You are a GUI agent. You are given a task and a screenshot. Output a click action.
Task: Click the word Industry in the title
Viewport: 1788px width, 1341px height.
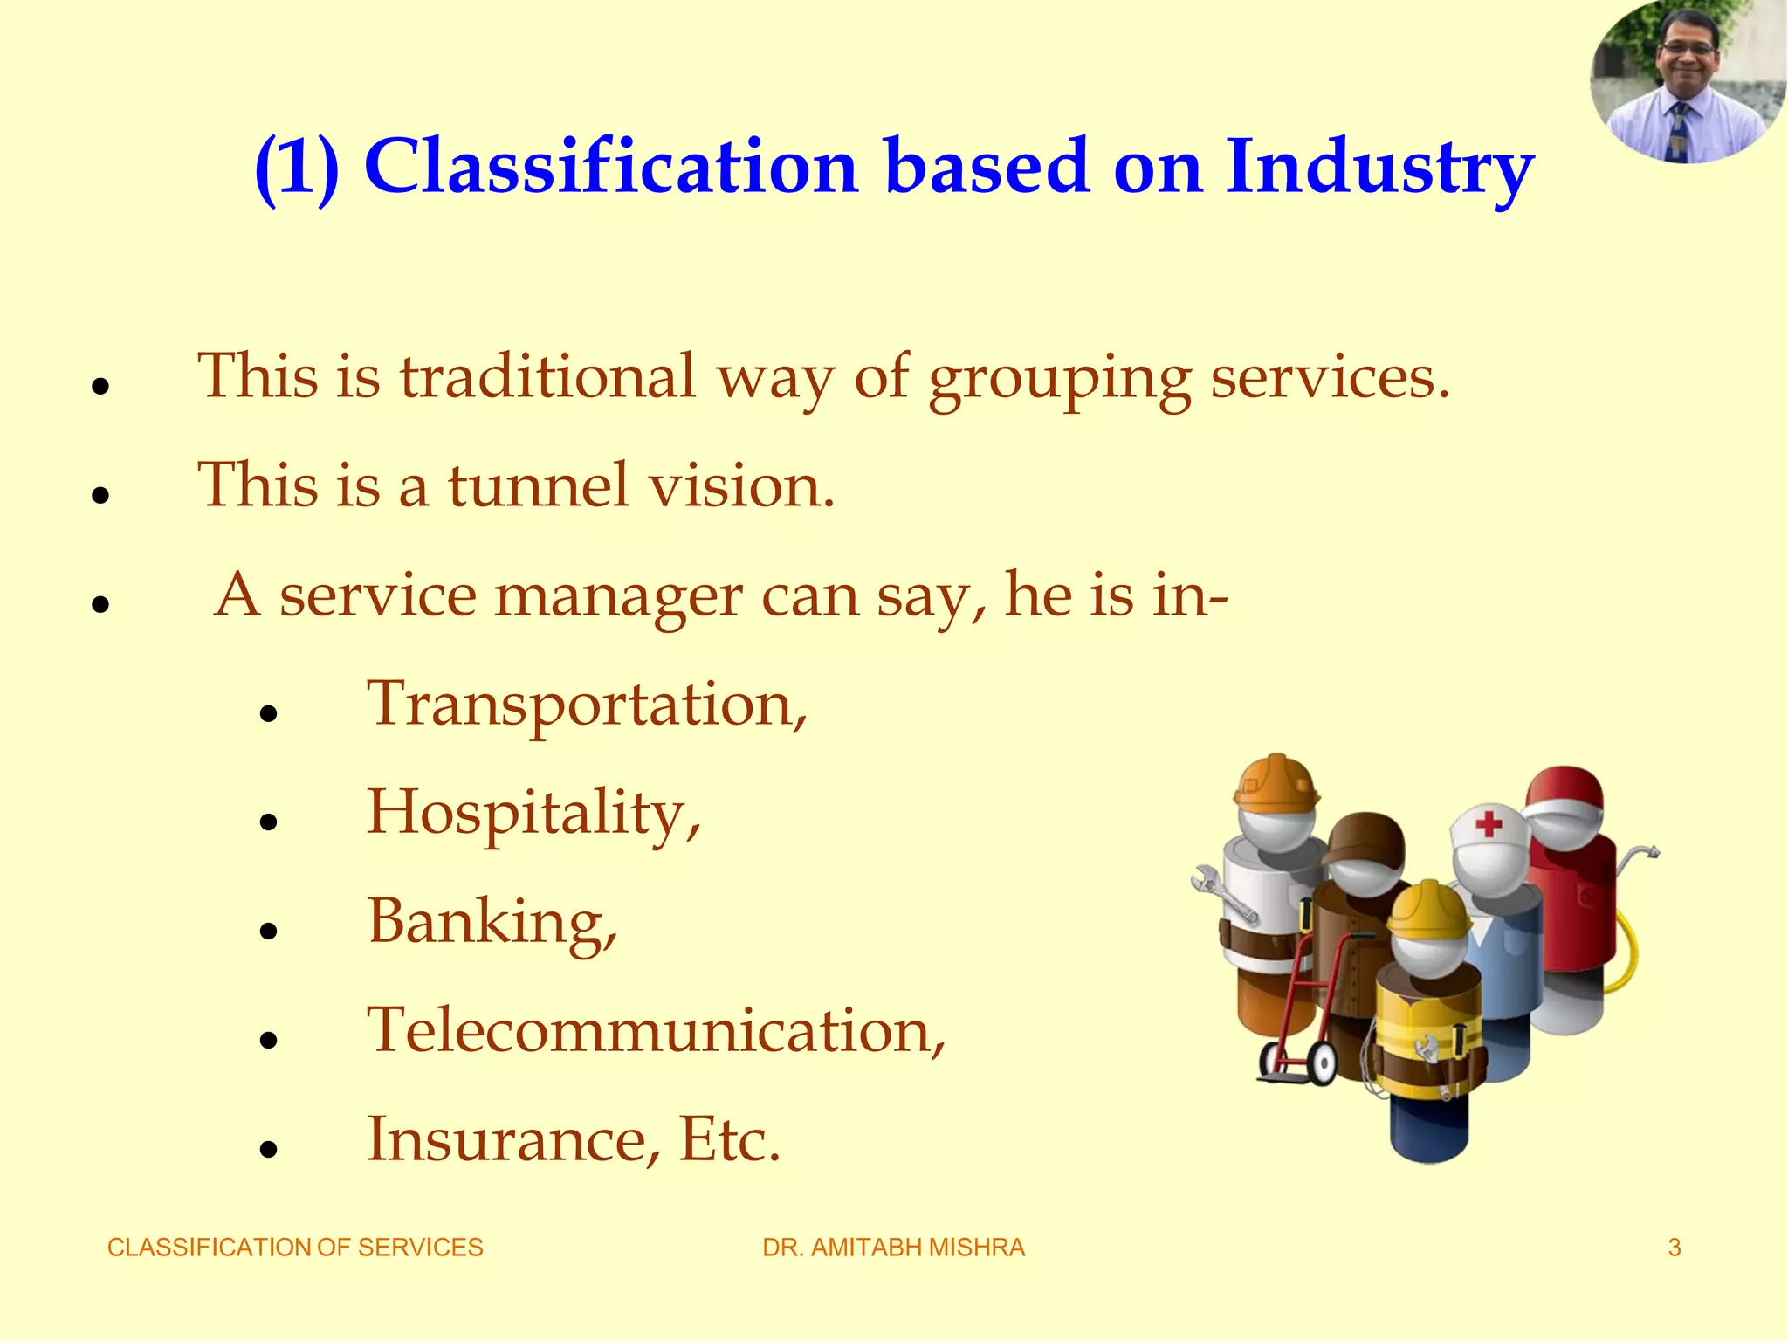coord(1379,168)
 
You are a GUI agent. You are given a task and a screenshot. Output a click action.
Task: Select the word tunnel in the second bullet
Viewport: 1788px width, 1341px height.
coord(538,485)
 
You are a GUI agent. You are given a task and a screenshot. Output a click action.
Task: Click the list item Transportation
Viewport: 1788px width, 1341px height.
coord(587,705)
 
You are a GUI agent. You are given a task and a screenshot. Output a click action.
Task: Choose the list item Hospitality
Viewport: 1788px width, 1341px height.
coord(533,813)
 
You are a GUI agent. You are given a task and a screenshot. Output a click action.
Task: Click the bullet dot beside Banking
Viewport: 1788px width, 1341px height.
coord(268,931)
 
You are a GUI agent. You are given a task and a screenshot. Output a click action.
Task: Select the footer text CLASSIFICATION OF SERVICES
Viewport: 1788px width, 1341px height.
coord(295,1248)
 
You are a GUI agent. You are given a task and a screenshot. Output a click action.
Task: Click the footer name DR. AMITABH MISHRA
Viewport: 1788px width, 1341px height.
coord(893,1248)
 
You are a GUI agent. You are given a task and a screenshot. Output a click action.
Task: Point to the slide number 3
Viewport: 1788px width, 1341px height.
coord(1674,1248)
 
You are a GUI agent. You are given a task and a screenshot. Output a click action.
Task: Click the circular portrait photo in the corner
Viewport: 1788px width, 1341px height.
coord(1687,80)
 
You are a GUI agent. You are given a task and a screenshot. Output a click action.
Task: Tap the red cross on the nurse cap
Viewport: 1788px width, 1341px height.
coord(1489,822)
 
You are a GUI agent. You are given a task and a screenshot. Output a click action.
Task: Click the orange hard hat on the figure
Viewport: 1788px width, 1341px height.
coord(1276,781)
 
